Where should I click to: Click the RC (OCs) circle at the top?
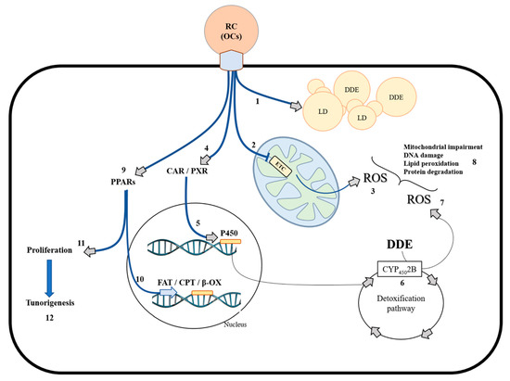click(231, 32)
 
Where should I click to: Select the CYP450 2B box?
click(400, 269)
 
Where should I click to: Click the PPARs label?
click(123, 182)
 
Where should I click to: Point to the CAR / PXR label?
click(187, 171)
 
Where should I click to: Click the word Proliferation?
click(49, 250)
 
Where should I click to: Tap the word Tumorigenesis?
click(50, 302)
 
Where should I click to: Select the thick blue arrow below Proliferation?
click(49, 278)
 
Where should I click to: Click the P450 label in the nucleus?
click(229, 233)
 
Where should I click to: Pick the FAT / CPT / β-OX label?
click(189, 282)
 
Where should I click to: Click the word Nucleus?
click(236, 324)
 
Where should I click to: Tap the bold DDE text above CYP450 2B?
click(400, 244)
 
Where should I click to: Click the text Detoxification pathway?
click(401, 303)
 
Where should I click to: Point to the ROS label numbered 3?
click(375, 178)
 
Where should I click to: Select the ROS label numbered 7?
click(418, 199)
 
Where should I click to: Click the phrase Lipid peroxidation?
click(431, 163)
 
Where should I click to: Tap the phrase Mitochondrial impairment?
click(443, 147)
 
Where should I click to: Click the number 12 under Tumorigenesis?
click(49, 318)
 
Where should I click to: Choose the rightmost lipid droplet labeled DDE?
click(396, 97)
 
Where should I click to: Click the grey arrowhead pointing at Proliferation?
click(90, 251)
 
